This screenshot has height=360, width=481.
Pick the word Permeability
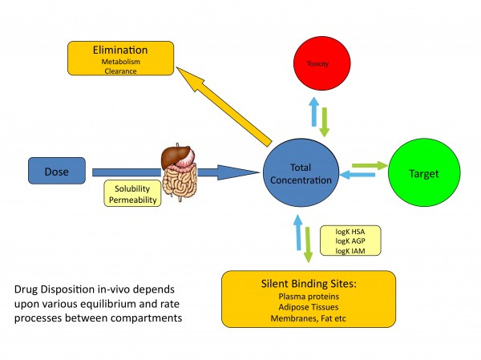(x=133, y=198)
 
